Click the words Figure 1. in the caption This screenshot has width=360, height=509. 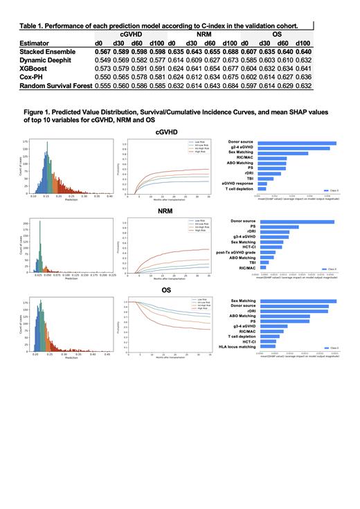click(40, 111)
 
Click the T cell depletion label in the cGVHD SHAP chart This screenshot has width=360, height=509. click(239, 189)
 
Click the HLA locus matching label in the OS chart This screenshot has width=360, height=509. click(236, 347)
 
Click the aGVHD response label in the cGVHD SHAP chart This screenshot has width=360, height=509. click(239, 184)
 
